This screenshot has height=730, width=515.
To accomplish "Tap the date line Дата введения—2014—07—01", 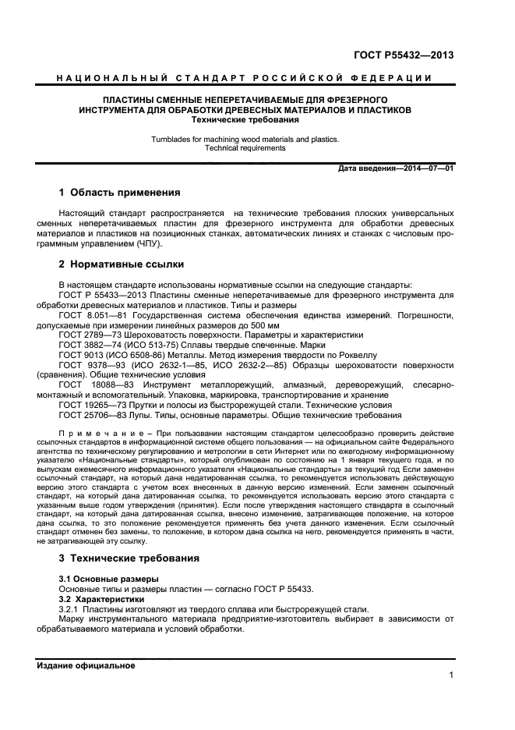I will (396, 168).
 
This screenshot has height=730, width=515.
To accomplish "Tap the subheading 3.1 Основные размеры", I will (108, 579).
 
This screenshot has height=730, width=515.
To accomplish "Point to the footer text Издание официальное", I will (86, 665).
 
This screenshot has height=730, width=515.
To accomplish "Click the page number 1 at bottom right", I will (451, 676).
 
